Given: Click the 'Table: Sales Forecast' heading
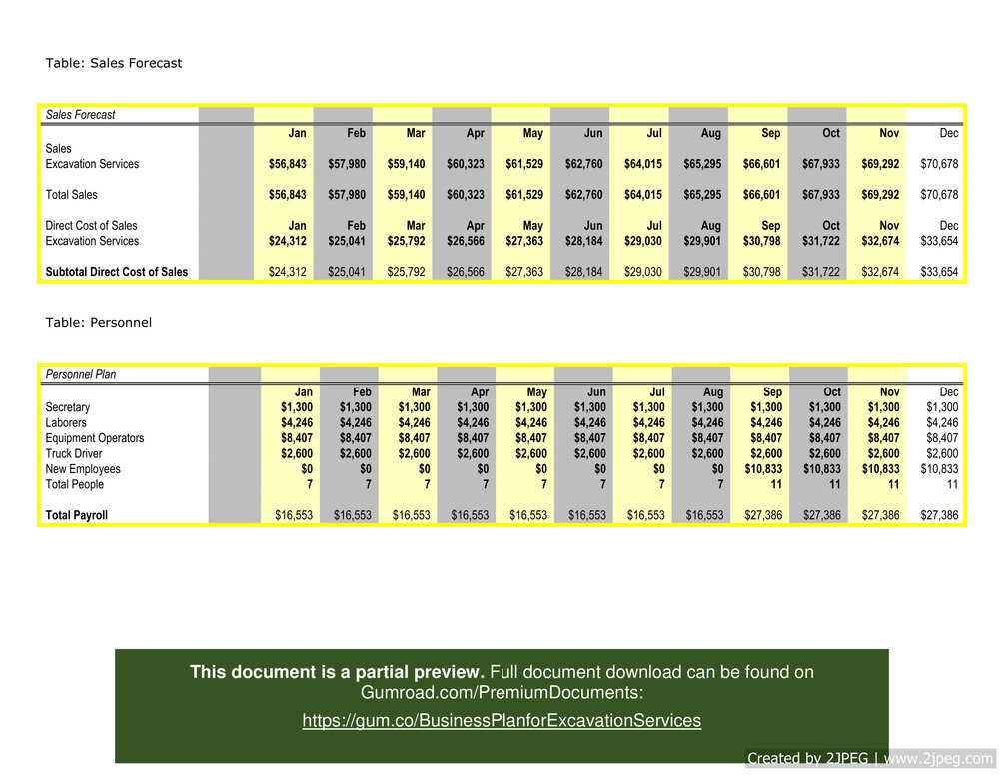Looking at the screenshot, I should (114, 63).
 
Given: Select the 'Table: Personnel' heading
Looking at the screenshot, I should (98, 323).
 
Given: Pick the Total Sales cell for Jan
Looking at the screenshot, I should (288, 195).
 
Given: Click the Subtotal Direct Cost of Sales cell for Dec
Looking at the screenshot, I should (938, 272).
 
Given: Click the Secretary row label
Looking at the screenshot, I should (68, 407).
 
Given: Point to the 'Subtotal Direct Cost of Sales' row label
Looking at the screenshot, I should (117, 272).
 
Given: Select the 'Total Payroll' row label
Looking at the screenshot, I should (77, 516).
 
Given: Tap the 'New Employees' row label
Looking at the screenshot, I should (83, 469).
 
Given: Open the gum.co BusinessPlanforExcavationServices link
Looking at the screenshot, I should (502, 720).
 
